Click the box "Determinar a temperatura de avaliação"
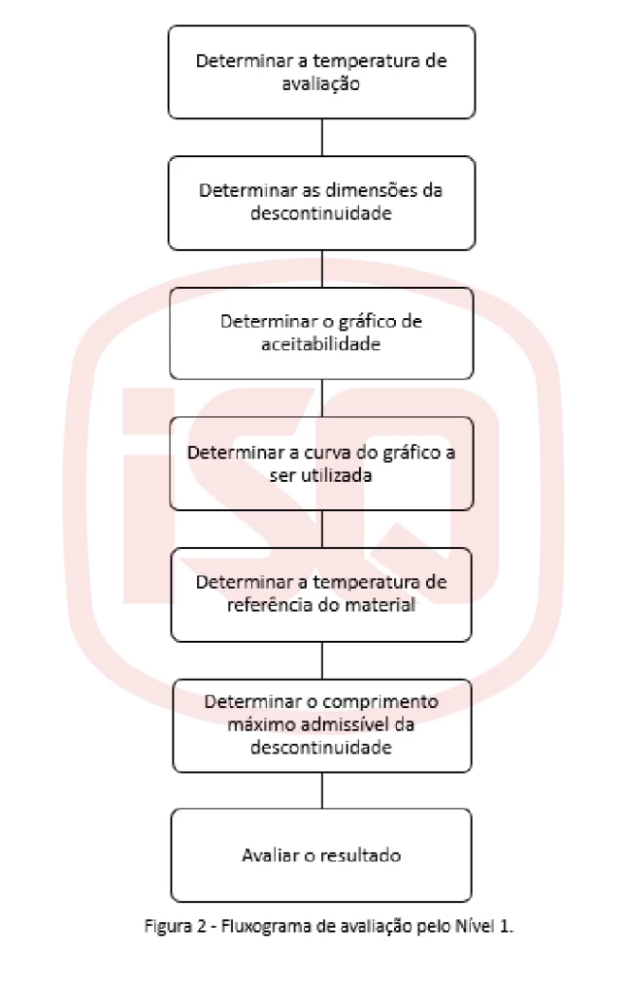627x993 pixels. click(x=321, y=72)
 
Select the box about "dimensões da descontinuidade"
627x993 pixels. click(x=321, y=203)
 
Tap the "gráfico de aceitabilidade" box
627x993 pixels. click(x=321, y=334)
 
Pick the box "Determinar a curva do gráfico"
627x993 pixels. click(x=321, y=464)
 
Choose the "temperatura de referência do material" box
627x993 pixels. click(x=321, y=594)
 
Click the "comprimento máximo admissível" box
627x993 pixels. click(x=321, y=725)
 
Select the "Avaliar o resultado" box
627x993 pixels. click(x=321, y=855)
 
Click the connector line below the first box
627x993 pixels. click(x=322, y=138)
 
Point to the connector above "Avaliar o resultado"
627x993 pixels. click(x=322, y=790)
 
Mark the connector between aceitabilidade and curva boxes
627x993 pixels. click(x=322, y=398)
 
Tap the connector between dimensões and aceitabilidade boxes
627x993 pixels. click(x=322, y=269)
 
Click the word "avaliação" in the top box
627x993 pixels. click(x=321, y=84)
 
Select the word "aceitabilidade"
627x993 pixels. click(x=321, y=344)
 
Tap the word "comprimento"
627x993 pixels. click(x=379, y=702)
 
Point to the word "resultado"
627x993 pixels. click(x=361, y=855)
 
